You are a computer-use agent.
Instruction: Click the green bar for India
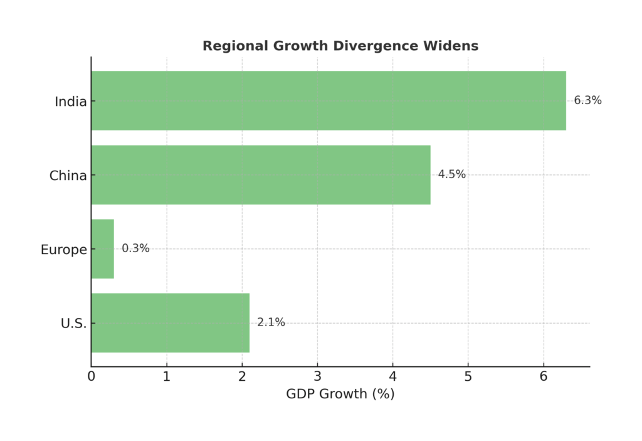pos(328,100)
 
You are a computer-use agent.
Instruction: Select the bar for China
pos(260,174)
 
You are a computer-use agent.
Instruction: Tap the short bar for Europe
pos(102,248)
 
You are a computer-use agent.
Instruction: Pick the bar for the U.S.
pos(170,322)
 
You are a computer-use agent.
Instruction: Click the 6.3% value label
pos(587,100)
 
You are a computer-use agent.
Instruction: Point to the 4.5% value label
pos(451,174)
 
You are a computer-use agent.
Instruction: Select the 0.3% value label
pos(135,248)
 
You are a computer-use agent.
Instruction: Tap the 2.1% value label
pos(271,322)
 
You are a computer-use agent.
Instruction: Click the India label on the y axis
pos(71,102)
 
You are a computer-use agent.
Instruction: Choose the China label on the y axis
pos(68,176)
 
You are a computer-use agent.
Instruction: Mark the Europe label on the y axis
pos(63,250)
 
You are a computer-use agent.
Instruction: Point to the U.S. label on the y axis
pos(73,324)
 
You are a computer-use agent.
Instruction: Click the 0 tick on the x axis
pos(92,377)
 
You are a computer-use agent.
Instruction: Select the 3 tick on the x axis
pos(317,377)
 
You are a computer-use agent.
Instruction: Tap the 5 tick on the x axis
pos(468,377)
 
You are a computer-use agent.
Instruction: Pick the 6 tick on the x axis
pos(544,377)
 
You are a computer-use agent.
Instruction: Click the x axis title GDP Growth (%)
pos(340,395)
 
